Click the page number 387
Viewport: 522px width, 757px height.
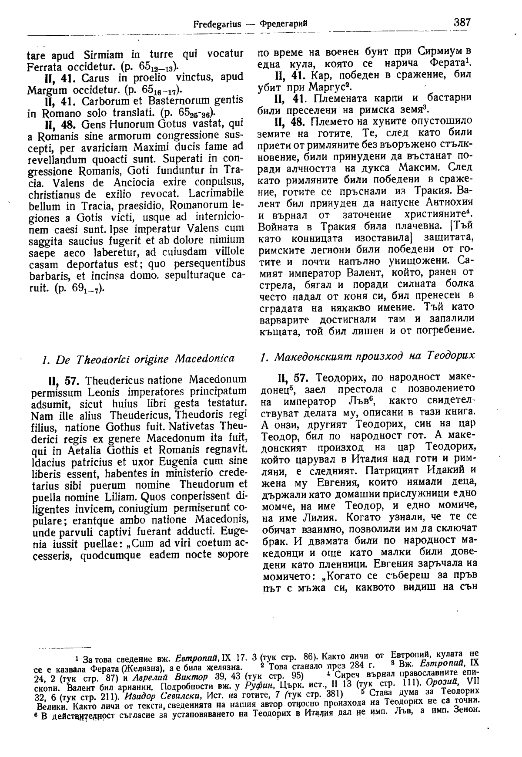[x=462, y=22]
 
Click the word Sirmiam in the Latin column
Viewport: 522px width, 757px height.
[x=99, y=56]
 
